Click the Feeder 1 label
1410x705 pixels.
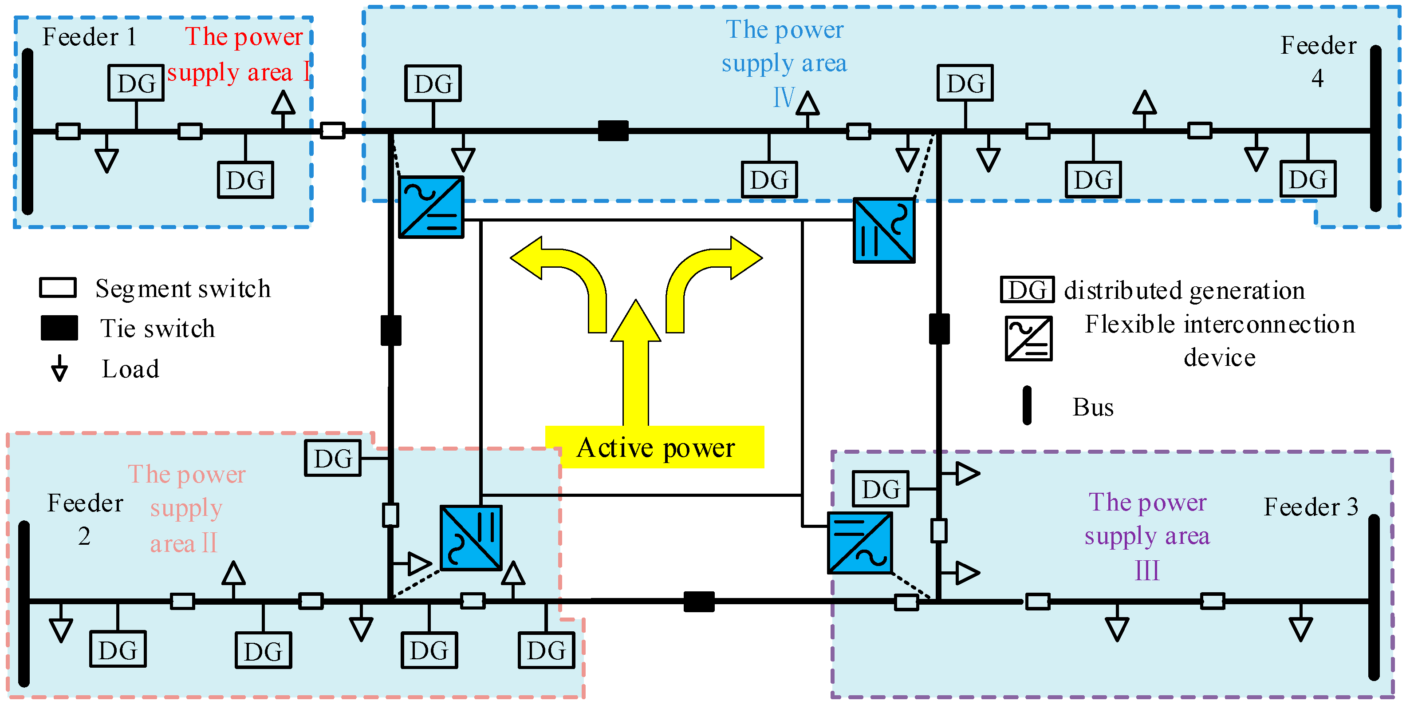tap(89, 37)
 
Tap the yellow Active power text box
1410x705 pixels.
tap(655, 448)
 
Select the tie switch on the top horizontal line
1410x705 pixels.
tap(613, 131)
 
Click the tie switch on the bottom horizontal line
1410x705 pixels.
tap(699, 602)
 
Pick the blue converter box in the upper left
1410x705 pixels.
tap(431, 207)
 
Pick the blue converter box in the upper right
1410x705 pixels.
tap(884, 230)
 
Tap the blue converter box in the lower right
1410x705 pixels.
tap(860, 543)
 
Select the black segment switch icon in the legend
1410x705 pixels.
tap(58, 288)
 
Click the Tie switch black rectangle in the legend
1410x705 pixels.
tap(59, 328)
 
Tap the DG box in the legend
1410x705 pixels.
tap(1027, 290)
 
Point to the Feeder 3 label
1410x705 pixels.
tap(1310, 507)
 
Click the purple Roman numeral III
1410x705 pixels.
tap(1147, 571)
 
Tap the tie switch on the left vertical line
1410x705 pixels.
tap(391, 330)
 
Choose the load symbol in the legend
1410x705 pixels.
tap(59, 368)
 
